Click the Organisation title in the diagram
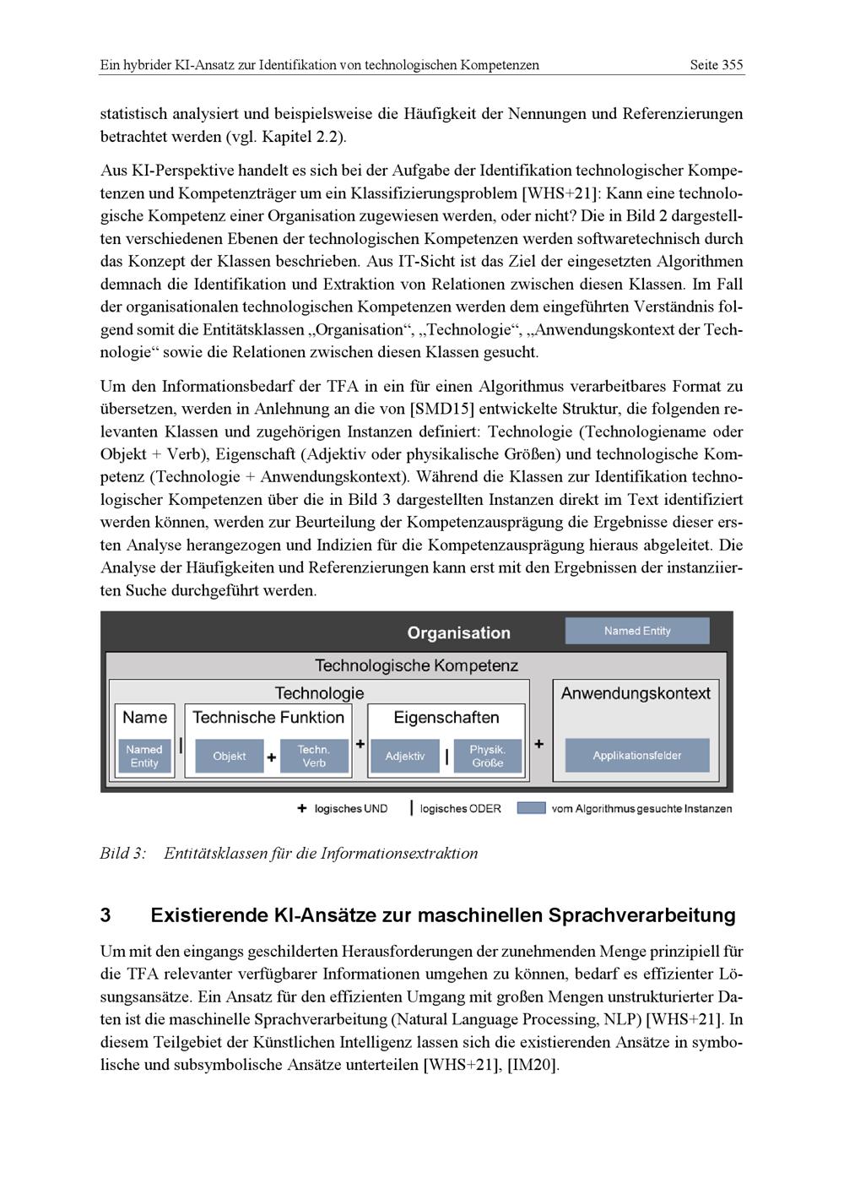pyautogui.click(x=458, y=632)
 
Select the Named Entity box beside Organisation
pyautogui.click(x=637, y=631)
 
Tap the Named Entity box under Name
pyautogui.click(x=144, y=756)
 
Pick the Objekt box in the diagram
pyautogui.click(x=230, y=756)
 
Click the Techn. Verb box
pyautogui.click(x=314, y=756)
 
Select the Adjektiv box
pyautogui.click(x=405, y=756)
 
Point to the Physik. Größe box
pyautogui.click(x=488, y=756)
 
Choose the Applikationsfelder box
pyautogui.click(x=637, y=755)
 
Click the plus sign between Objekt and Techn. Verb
pyautogui.click(x=272, y=757)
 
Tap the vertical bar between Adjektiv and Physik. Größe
pyautogui.click(x=446, y=756)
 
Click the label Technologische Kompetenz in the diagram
pyautogui.click(x=416, y=665)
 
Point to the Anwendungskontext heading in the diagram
pyautogui.click(x=636, y=693)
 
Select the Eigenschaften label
pyautogui.click(x=446, y=717)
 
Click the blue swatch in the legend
pyautogui.click(x=531, y=808)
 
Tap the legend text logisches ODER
pyautogui.click(x=460, y=809)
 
